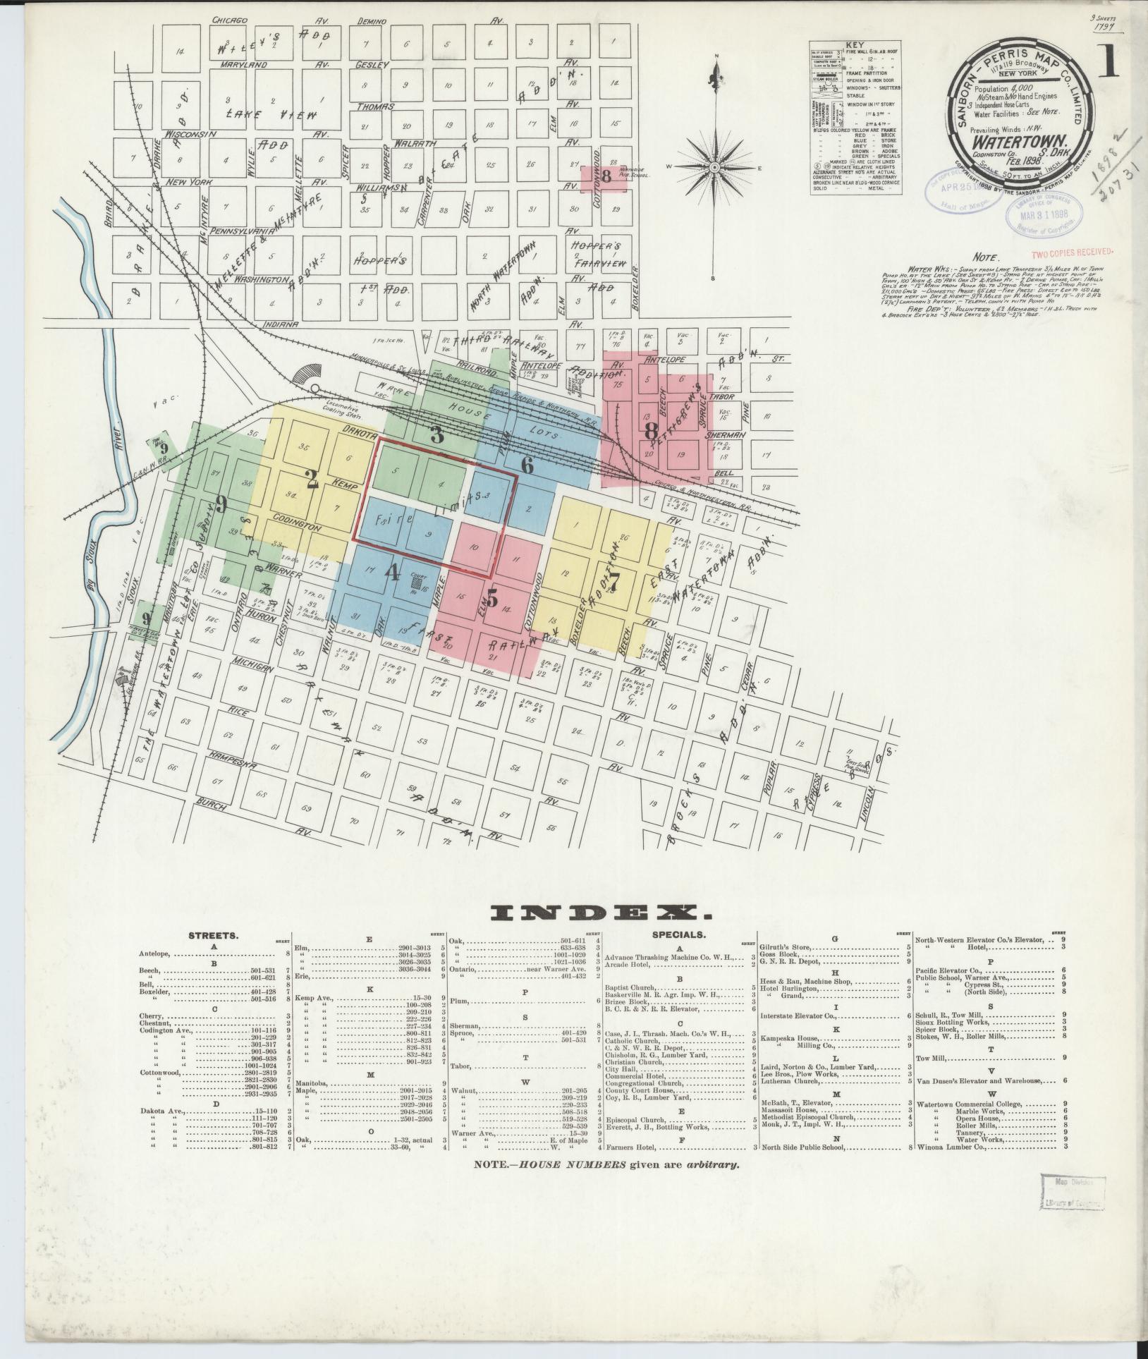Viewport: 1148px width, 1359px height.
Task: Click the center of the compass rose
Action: (714, 167)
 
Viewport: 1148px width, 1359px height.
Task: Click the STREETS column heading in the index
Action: (213, 936)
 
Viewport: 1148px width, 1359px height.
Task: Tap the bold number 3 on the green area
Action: (437, 435)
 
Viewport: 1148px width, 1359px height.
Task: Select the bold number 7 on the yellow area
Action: (615, 583)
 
